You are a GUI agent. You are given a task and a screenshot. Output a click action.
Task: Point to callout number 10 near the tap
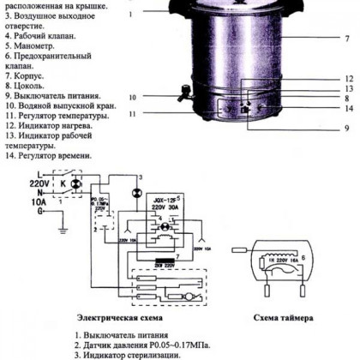[133, 97]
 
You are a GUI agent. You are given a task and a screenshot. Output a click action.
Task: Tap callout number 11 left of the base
[133, 113]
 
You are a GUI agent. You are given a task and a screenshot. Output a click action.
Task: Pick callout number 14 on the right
[350, 108]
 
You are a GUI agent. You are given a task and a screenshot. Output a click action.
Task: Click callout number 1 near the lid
[130, 15]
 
